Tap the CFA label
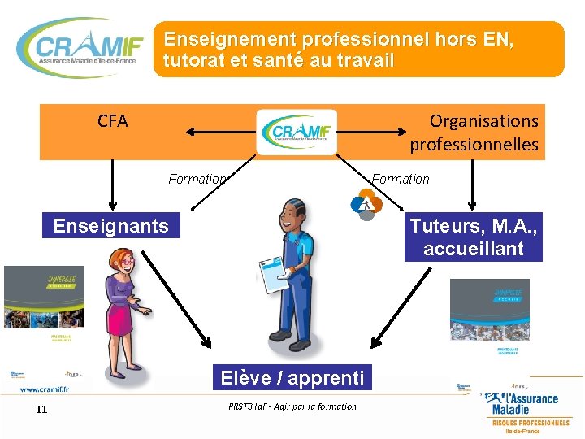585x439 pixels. [x=113, y=121]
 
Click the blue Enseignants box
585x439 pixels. [x=111, y=225]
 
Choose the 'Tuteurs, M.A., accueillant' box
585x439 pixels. [x=474, y=237]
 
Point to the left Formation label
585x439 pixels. [x=197, y=179]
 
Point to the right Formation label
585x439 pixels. [x=401, y=179]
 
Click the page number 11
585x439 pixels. [x=41, y=409]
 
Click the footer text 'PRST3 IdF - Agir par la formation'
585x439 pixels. [x=292, y=406]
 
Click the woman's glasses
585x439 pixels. [x=127, y=262]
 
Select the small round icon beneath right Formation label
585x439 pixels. [x=366, y=202]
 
